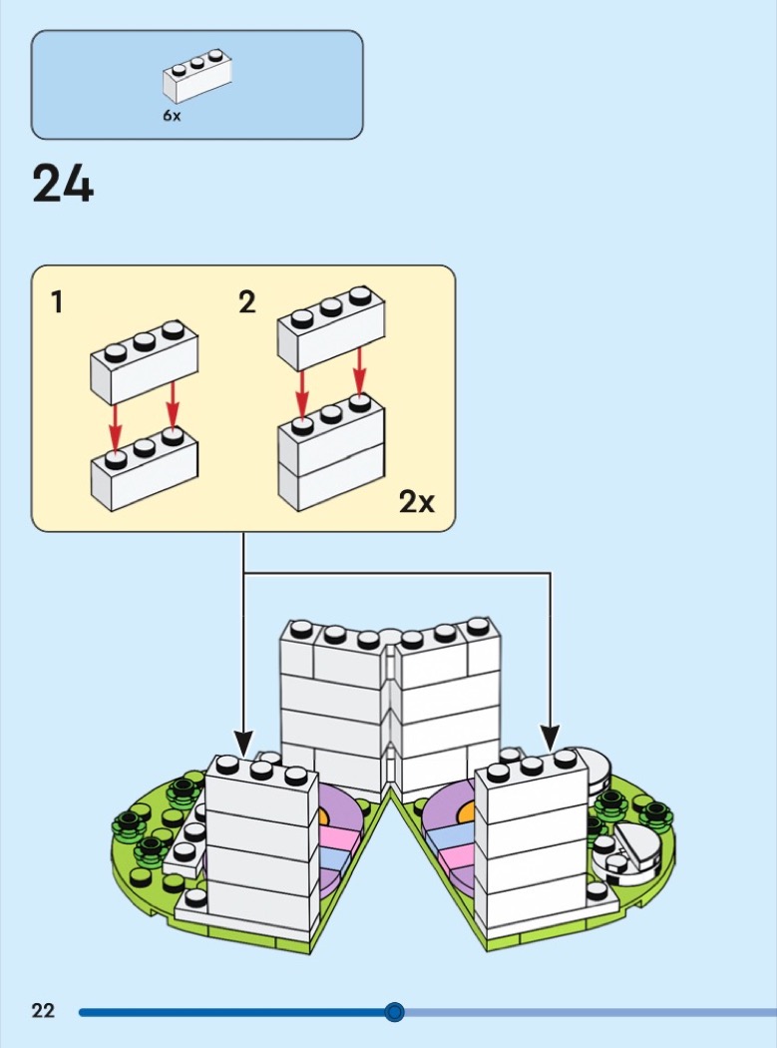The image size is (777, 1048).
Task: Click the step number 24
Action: (x=63, y=184)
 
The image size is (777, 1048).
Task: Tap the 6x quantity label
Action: (x=172, y=116)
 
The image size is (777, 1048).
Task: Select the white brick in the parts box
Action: (x=197, y=76)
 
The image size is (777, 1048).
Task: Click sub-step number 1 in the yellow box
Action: (x=58, y=301)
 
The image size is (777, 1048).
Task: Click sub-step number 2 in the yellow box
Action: (x=247, y=302)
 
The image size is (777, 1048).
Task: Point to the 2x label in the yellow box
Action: (x=417, y=501)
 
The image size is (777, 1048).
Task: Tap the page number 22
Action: (x=43, y=1010)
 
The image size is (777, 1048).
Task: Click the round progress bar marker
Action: (x=395, y=1012)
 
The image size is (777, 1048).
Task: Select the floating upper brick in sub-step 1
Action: (x=145, y=361)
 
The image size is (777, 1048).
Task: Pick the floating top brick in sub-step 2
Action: (x=331, y=328)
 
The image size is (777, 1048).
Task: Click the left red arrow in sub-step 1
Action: (x=116, y=427)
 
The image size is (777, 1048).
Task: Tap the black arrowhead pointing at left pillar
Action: (x=243, y=744)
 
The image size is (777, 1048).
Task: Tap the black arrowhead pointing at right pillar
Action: (x=551, y=738)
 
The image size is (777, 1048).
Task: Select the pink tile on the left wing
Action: (x=339, y=837)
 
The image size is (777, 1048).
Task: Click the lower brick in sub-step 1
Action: (x=145, y=469)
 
